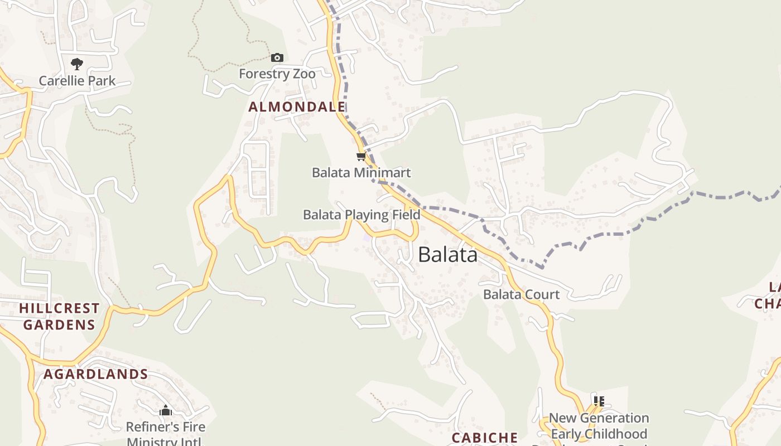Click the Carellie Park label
pos(77,81)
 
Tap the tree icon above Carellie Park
pos(77,64)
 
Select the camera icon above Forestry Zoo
pos(277,57)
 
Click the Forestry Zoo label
pos(277,74)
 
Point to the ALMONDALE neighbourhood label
pos(297,106)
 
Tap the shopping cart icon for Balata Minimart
pos(361,157)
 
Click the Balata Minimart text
pos(361,172)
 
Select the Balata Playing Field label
pos(361,215)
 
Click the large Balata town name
pos(447,255)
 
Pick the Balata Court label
pos(521,294)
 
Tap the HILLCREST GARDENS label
pos(59,316)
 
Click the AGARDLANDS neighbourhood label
pos(96,374)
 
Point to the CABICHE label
pos(485,438)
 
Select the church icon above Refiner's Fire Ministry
pos(166,411)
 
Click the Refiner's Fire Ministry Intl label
pos(166,434)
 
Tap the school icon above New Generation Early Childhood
pos(599,401)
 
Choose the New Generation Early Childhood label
pos(599,426)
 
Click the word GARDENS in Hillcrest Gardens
pos(59,324)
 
